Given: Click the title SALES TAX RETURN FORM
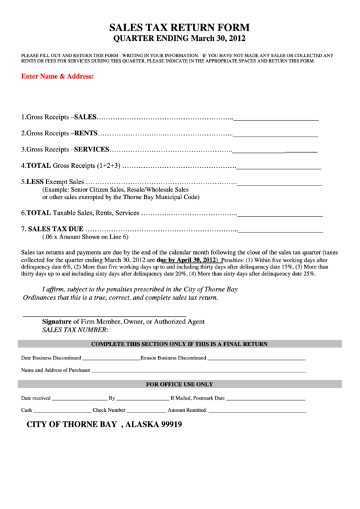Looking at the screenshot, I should click(x=179, y=28).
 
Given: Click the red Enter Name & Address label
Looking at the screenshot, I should click(x=57, y=76).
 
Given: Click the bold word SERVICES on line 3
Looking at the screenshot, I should click(x=91, y=149).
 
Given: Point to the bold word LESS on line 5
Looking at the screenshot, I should click(x=34, y=182).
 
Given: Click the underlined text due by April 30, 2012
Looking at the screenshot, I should click(x=186, y=260).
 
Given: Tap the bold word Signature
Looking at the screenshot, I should click(x=57, y=321).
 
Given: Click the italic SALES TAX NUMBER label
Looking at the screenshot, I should click(x=74, y=329).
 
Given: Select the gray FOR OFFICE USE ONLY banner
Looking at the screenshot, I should click(x=179, y=384).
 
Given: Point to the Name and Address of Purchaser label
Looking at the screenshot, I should click(x=56, y=370).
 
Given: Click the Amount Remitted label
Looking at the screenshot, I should click(x=187, y=410).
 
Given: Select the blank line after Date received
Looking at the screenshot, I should click(x=79, y=398).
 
